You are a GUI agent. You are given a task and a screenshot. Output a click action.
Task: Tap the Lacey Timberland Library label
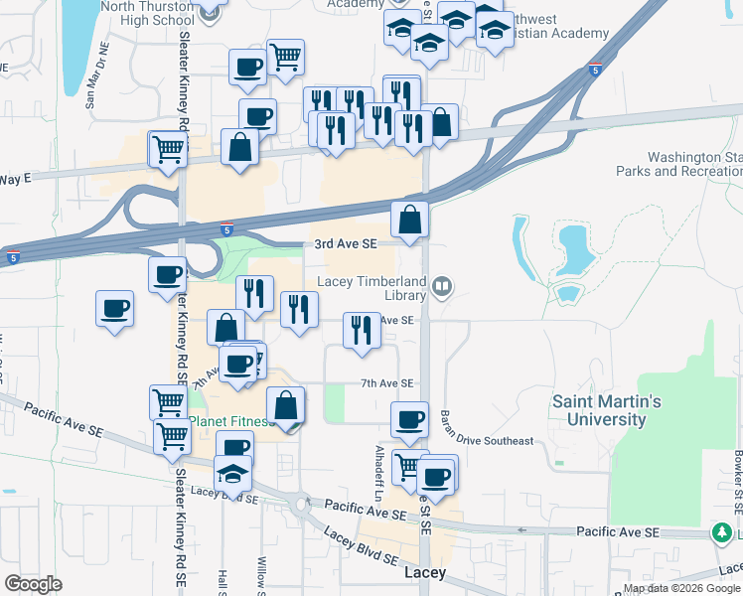pos(371,287)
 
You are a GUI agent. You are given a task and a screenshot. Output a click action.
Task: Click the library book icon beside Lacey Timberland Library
pos(443,288)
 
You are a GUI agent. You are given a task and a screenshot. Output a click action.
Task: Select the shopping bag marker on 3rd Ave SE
pos(409,220)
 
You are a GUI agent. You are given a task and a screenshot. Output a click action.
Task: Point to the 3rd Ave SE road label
pos(346,243)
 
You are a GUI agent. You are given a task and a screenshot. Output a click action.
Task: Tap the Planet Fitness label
pos(230,421)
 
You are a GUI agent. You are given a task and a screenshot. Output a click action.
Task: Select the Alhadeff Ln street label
pos(379,473)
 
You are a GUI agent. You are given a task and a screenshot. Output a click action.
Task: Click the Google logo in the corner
pos(34,583)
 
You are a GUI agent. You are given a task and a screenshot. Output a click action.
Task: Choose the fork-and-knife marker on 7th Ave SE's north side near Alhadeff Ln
pos(362,329)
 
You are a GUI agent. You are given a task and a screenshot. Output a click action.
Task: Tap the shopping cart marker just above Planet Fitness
pos(168,401)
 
